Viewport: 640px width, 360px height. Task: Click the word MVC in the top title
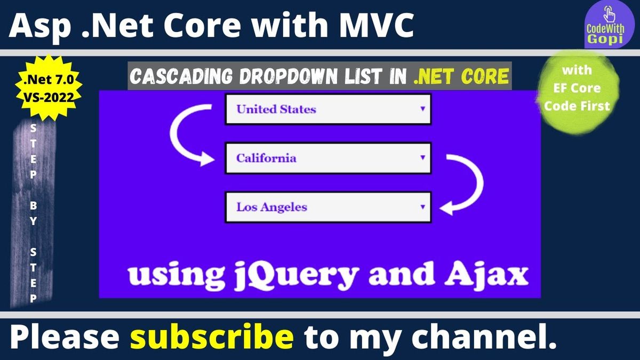377,25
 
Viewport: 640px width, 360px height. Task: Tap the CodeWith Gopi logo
609,25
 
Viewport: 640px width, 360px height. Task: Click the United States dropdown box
328,109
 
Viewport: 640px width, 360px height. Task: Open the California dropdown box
328,158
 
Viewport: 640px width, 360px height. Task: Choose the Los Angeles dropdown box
328,207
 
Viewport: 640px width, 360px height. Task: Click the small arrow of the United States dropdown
422,109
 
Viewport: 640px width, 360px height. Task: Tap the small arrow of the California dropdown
422,157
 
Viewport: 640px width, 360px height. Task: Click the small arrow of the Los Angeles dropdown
422,206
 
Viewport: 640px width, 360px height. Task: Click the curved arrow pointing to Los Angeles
479,183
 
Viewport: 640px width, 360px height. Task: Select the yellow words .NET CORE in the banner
461,76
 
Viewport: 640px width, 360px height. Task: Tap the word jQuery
297,275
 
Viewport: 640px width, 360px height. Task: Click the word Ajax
486,274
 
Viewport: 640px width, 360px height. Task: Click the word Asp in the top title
40,26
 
